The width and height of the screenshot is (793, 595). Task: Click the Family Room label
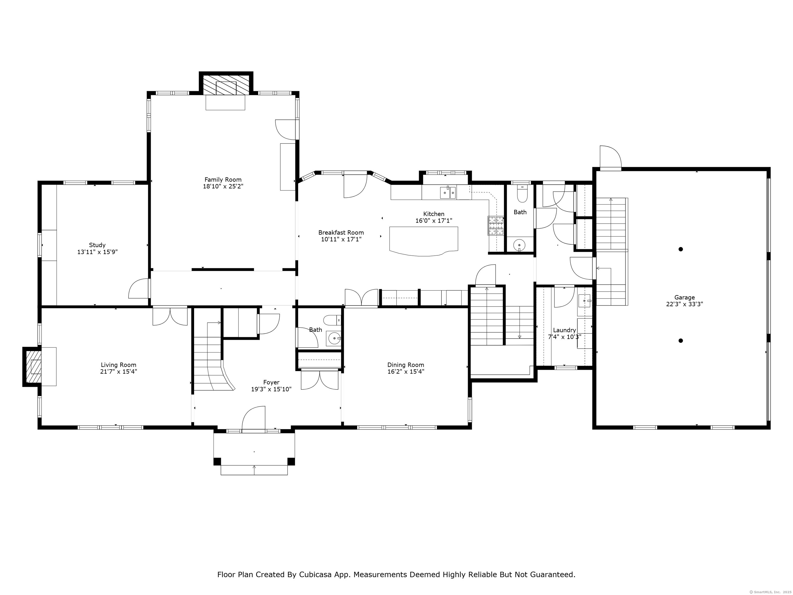[x=223, y=180]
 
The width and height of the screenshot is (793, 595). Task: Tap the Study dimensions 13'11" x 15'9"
[x=98, y=252]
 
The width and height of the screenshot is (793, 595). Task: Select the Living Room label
[x=119, y=365]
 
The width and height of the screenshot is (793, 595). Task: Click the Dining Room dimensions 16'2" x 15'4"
[x=406, y=372]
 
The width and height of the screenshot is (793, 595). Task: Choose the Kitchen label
[x=434, y=214]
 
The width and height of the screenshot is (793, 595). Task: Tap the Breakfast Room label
[x=341, y=233]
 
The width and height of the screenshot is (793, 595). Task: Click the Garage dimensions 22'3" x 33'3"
[x=685, y=304]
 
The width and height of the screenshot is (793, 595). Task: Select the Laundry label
[x=565, y=330]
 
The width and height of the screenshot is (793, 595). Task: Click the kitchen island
[x=424, y=241]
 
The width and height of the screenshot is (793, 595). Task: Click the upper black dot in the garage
[x=681, y=249]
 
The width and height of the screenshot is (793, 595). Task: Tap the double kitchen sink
[x=448, y=193]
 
